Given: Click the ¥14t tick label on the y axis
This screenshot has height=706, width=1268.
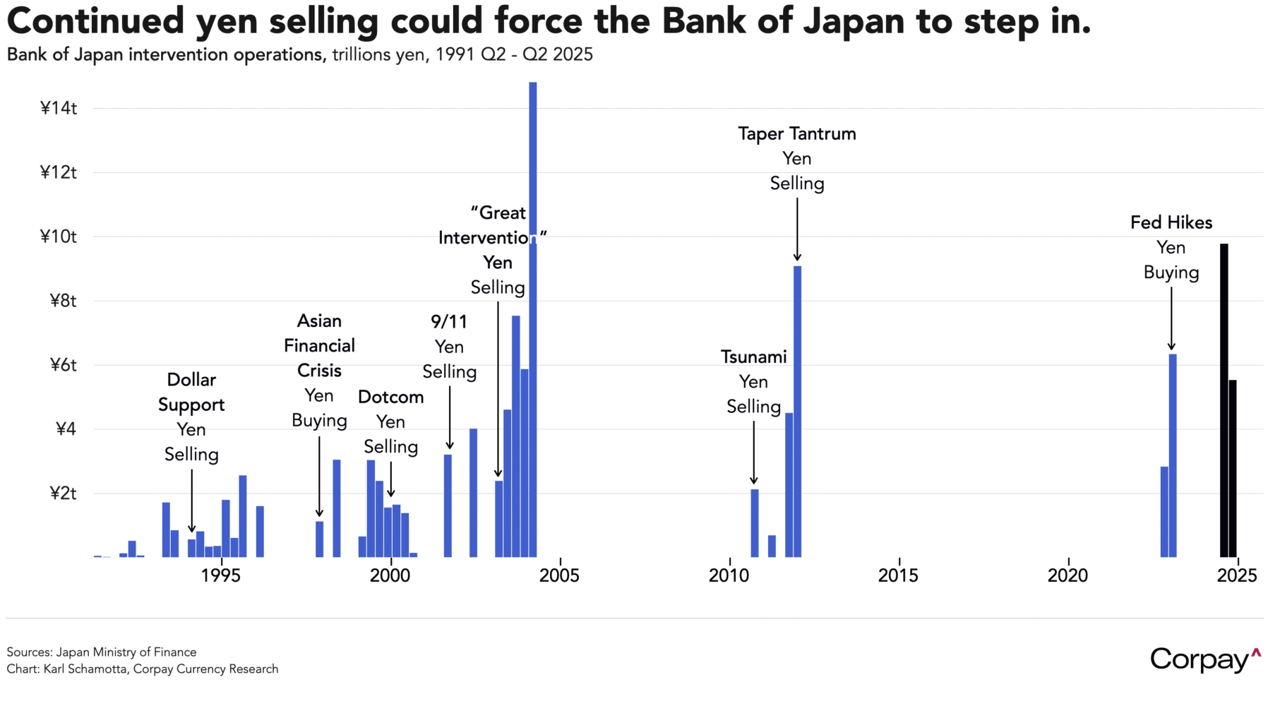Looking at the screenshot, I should (58, 108).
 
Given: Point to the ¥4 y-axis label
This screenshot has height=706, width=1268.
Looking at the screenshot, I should (65, 429).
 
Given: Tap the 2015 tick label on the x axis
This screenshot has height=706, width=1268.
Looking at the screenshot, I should (898, 576).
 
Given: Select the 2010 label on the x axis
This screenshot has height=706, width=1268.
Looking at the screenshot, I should (729, 576).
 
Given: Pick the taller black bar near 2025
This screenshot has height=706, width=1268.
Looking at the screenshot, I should (1224, 402).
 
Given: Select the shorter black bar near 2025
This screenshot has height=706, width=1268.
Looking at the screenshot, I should (1233, 469).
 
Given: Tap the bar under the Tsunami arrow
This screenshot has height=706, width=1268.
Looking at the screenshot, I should (754, 522).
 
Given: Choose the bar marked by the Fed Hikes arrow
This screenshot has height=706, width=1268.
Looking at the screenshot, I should (1172, 455).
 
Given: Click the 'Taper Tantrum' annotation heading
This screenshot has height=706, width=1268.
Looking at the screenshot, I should (796, 133).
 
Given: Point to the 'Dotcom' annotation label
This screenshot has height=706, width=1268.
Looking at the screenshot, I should (390, 397).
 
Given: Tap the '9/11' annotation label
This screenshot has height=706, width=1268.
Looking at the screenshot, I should (449, 322).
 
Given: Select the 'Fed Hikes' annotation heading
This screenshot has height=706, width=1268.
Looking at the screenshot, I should (1171, 222).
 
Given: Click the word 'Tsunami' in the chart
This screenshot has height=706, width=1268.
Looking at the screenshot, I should (753, 357).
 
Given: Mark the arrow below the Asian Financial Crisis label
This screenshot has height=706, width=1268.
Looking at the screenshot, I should (319, 477).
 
